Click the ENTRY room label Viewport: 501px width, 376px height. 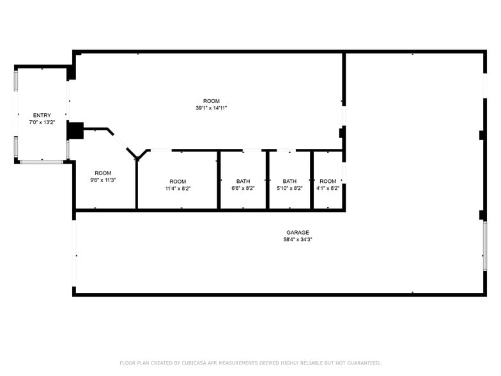click(42, 115)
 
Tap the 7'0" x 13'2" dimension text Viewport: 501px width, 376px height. click(42, 122)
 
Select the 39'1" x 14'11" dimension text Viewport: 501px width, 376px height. click(212, 108)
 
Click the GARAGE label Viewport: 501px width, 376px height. click(298, 232)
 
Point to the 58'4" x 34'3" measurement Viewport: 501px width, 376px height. click(298, 240)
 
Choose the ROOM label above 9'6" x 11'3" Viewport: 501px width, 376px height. click(103, 173)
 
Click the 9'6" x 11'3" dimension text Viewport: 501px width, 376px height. click(103, 180)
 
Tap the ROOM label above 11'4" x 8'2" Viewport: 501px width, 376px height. click(178, 181)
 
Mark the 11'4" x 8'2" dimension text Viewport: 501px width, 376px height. click(178, 189)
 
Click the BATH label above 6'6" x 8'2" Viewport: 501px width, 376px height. click(243, 181)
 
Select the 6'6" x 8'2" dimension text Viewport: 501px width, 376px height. click(243, 189)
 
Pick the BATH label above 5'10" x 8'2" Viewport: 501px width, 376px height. click(289, 181)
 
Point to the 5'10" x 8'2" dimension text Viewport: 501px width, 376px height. click(289, 189)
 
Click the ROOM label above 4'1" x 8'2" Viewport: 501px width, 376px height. click(328, 181)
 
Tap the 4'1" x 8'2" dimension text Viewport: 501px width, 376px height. click(328, 189)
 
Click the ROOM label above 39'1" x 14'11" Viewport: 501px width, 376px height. click(212, 101)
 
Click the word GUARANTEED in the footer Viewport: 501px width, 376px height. click(362, 363)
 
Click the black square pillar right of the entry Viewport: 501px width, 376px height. click(75, 130)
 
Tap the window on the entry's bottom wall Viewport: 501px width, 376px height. click(42, 162)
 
